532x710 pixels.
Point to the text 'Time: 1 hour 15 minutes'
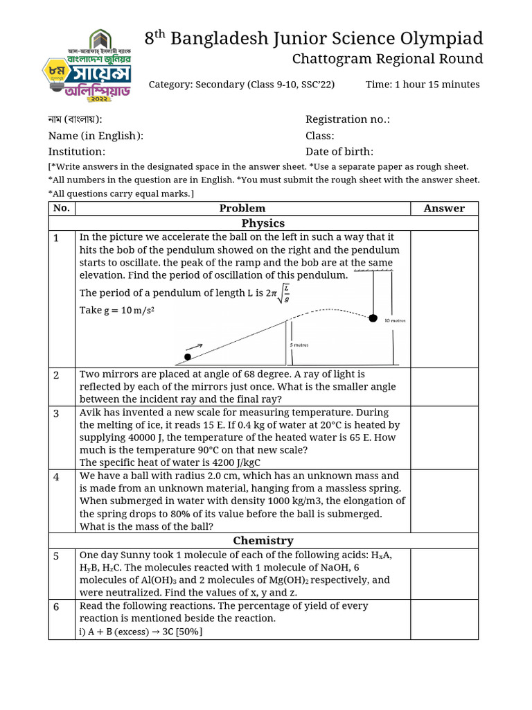423,85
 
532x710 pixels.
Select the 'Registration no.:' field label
347,119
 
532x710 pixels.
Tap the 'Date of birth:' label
339,152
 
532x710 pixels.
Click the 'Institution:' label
77,152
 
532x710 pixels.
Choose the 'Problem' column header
242,208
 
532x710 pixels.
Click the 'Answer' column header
444,208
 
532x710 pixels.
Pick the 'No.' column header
62,208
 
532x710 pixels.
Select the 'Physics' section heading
263,223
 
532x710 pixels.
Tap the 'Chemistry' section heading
263,540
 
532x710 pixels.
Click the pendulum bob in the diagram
373,318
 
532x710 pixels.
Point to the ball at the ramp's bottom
187,357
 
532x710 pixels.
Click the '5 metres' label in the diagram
299,345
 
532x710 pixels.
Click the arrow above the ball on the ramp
195,346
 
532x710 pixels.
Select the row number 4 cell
62,477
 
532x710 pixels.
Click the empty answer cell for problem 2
444,387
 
